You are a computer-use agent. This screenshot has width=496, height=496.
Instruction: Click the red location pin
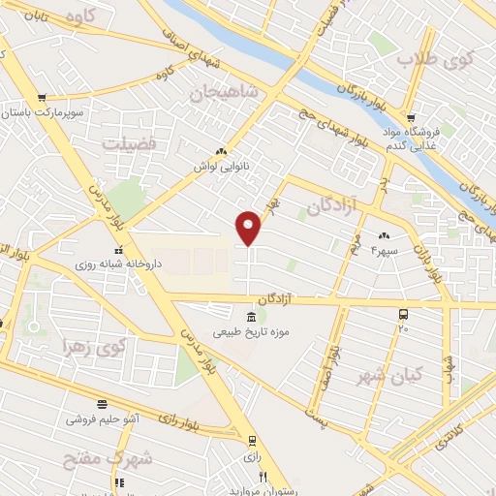tap(249, 227)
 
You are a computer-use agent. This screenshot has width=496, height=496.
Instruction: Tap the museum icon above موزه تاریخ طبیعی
tap(251, 318)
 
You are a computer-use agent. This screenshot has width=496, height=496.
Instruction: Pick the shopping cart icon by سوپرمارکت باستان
tap(42, 98)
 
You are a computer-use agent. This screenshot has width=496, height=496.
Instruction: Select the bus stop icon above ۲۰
tap(403, 315)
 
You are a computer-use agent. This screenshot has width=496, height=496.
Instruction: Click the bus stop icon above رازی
tap(251, 439)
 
